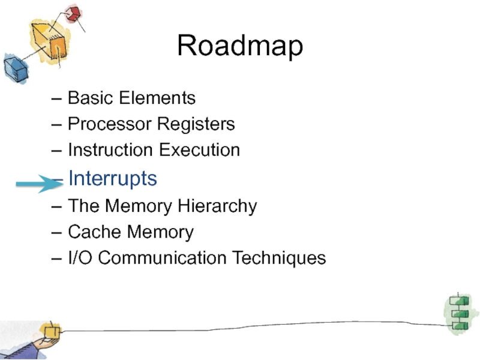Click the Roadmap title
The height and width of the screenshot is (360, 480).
[x=240, y=46]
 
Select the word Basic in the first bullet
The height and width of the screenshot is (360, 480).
[x=86, y=98]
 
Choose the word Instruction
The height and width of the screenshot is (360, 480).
[x=110, y=150]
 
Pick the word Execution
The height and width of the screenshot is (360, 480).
[x=199, y=150]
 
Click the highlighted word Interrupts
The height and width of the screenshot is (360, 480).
[x=113, y=178]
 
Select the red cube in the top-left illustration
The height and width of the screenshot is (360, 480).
[x=73, y=13]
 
